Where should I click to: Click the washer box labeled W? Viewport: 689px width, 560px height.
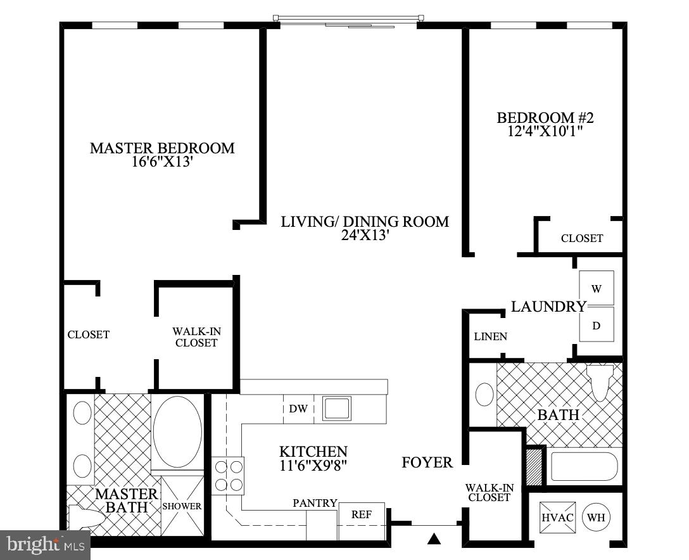pyautogui.click(x=596, y=288)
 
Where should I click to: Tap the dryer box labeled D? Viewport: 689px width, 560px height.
pyautogui.click(x=596, y=325)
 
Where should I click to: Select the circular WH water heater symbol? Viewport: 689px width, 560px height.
pyautogui.click(x=596, y=517)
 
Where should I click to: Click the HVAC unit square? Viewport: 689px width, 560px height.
pyautogui.click(x=557, y=517)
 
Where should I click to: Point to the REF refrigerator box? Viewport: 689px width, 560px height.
pyautogui.click(x=362, y=514)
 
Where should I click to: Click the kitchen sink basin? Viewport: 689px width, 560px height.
pyautogui.click(x=337, y=409)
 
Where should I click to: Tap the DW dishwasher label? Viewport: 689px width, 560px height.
pyautogui.click(x=298, y=409)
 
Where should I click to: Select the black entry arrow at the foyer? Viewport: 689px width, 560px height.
pyautogui.click(x=434, y=539)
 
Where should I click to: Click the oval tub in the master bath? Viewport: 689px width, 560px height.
pyautogui.click(x=177, y=431)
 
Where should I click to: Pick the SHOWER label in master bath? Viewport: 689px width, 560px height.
pyautogui.click(x=182, y=506)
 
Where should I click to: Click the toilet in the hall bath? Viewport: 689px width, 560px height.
pyautogui.click(x=600, y=381)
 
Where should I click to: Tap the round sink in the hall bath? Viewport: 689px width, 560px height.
pyautogui.click(x=484, y=394)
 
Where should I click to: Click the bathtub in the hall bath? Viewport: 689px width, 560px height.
pyautogui.click(x=583, y=466)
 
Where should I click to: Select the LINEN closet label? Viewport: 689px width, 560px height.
pyautogui.click(x=490, y=336)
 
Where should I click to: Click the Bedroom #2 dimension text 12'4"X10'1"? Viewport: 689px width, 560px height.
pyautogui.click(x=545, y=131)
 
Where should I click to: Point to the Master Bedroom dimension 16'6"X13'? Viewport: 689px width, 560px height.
pyautogui.click(x=162, y=162)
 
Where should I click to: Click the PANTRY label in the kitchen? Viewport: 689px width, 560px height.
pyautogui.click(x=315, y=503)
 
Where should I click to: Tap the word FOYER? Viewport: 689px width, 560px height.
pyautogui.click(x=427, y=462)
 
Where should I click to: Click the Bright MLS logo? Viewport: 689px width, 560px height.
pyautogui.click(x=46, y=544)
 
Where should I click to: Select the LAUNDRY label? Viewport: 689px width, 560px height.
pyautogui.click(x=548, y=307)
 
